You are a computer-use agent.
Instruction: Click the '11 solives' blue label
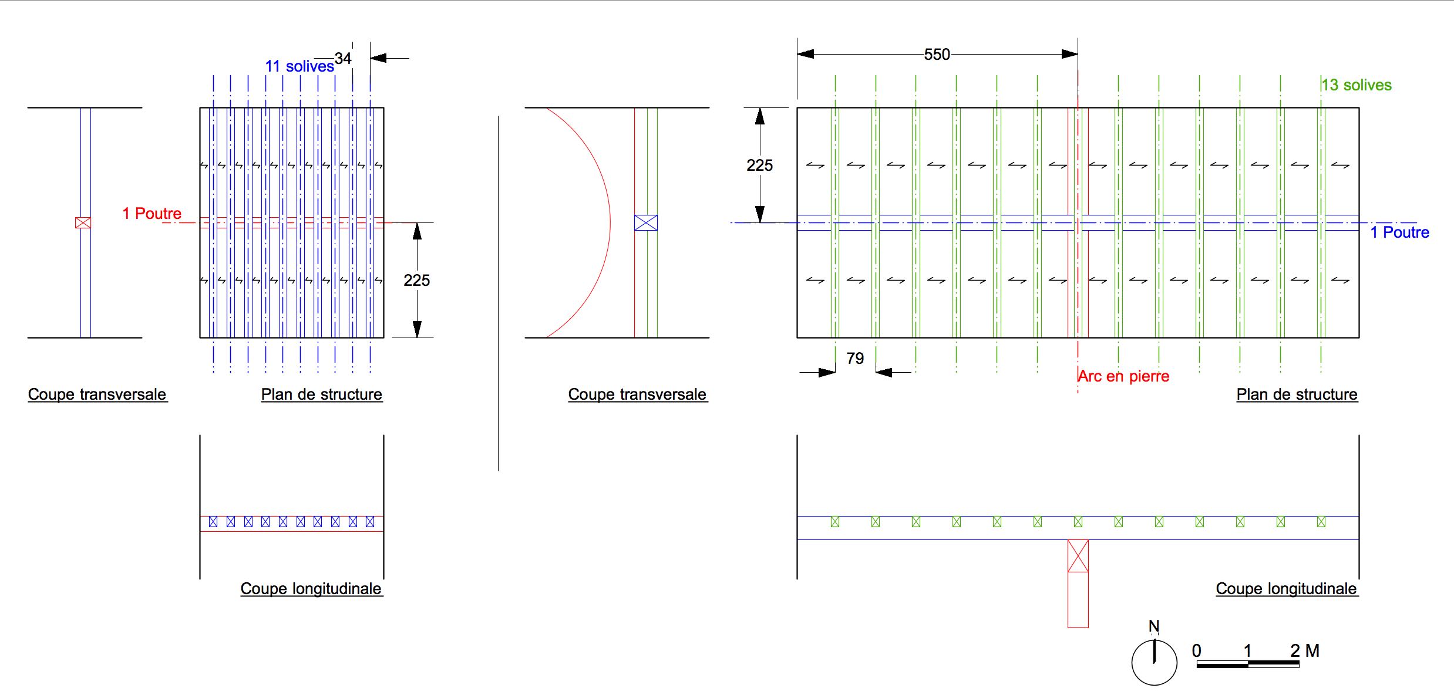[299, 66]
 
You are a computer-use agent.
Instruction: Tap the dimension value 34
[343, 59]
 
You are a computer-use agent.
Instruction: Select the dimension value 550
[937, 55]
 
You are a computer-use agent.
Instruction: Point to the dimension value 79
[855, 358]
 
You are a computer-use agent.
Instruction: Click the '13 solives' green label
[1357, 85]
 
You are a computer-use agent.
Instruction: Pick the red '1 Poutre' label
[152, 214]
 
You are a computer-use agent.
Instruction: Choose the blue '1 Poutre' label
[1399, 232]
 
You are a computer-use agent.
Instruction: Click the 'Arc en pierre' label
[1123, 376]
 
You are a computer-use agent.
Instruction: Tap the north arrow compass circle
[1154, 662]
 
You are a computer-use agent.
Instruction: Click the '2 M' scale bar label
[1305, 650]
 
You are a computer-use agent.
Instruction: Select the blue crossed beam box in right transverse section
[645, 222]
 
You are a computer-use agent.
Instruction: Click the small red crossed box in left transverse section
[83, 222]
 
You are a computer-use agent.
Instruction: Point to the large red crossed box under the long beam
[1078, 556]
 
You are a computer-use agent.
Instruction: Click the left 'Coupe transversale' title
[97, 394]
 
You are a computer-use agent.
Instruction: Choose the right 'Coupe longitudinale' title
[1286, 589]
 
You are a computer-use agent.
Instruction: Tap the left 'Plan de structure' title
[321, 394]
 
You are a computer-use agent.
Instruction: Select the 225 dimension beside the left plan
[417, 281]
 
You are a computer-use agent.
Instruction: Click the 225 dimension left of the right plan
[759, 166]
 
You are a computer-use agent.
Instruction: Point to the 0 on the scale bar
[1197, 650]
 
